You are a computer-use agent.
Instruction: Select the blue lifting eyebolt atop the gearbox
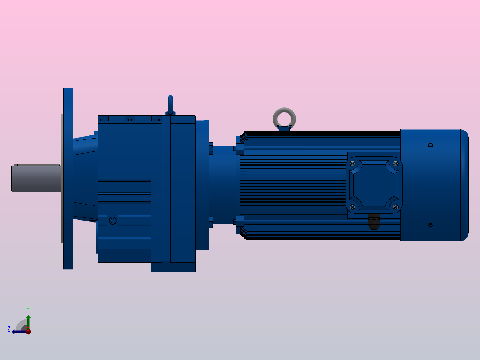[x=170, y=105]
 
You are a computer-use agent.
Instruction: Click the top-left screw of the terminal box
[x=353, y=164]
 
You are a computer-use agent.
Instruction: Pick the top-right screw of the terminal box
[x=395, y=164]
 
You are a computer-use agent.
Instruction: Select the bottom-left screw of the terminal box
[x=353, y=206]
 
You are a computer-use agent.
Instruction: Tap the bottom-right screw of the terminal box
[x=395, y=206]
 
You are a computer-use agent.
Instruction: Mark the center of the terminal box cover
[x=374, y=185]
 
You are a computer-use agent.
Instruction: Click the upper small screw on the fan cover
[x=430, y=145]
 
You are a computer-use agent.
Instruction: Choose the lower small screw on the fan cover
[x=430, y=225]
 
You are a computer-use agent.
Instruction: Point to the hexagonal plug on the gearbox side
[x=113, y=221]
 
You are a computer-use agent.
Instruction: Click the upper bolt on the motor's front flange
[x=239, y=148]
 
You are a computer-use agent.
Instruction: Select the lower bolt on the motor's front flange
[x=239, y=221]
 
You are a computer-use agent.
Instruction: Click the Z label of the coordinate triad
[x=9, y=329]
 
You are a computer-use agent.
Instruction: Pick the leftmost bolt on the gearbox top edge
[x=103, y=119]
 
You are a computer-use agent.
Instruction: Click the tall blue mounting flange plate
[x=68, y=178]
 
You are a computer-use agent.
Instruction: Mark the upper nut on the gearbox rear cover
[x=211, y=148]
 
